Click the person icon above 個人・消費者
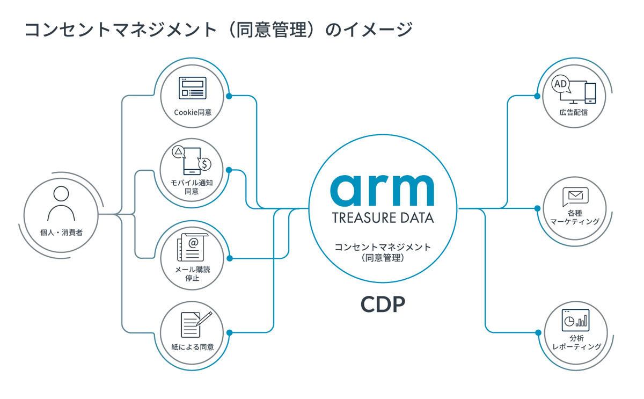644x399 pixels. click(61, 203)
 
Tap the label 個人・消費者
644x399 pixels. click(61, 233)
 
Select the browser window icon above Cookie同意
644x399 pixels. click(192, 88)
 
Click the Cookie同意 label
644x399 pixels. click(193, 112)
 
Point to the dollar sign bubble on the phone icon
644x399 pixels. click(204, 164)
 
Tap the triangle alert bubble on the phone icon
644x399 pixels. click(179, 151)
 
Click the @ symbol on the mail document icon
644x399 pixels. click(193, 243)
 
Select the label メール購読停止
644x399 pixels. click(192, 273)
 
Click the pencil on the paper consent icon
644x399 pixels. click(204, 319)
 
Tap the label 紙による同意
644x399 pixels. click(193, 347)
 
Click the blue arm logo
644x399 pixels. click(382, 191)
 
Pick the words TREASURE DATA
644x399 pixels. click(383, 218)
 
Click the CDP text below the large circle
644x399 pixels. click(383, 304)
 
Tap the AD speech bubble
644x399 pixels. click(561, 84)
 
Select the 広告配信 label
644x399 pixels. click(574, 112)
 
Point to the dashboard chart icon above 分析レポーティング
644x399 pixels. click(575, 320)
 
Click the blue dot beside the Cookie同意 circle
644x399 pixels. click(229, 96)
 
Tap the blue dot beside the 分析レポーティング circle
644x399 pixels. click(538, 333)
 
